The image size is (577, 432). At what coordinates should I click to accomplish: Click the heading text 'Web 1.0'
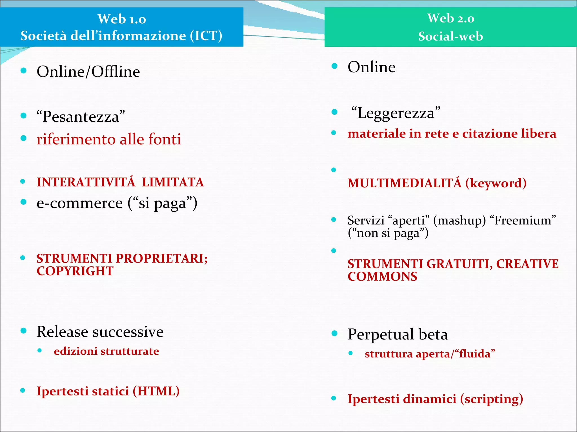(x=122, y=19)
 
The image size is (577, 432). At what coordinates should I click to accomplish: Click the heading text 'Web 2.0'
(x=450, y=19)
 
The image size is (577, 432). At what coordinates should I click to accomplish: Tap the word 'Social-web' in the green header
(x=450, y=37)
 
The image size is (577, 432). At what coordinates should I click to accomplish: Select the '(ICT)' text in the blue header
(x=206, y=36)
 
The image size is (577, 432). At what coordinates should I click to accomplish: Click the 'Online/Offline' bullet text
(x=88, y=71)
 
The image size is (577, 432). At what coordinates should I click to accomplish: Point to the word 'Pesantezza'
(x=81, y=116)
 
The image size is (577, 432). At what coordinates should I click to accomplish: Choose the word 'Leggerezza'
(x=396, y=113)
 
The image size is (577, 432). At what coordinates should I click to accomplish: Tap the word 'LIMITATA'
(x=173, y=182)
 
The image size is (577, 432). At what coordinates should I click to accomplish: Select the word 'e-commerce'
(x=80, y=203)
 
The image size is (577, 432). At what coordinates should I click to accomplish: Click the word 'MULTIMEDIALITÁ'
(x=405, y=183)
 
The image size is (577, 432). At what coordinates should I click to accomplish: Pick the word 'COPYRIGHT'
(x=75, y=271)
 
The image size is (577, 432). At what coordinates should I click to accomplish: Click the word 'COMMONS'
(x=382, y=277)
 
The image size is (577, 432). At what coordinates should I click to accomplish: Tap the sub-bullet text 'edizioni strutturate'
(x=106, y=351)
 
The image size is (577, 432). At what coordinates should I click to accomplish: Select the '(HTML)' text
(x=156, y=391)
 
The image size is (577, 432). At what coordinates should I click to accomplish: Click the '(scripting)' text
(x=491, y=399)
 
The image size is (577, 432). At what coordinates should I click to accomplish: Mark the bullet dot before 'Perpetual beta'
(x=334, y=334)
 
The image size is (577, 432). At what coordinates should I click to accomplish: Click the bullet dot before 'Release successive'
(x=24, y=331)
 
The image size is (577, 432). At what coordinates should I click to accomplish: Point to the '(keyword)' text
(x=496, y=183)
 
